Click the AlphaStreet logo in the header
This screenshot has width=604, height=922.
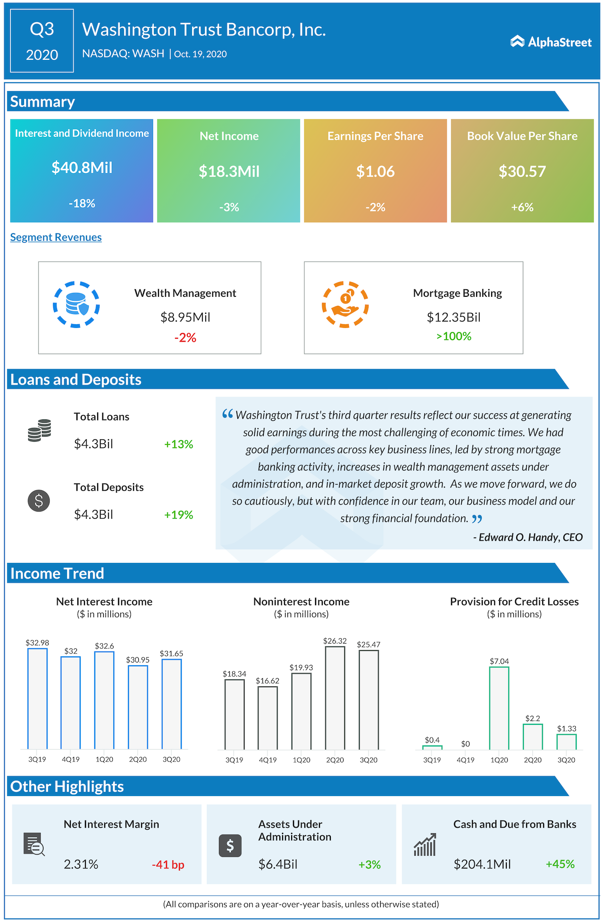coord(551,42)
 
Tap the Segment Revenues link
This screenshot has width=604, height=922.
coord(56,237)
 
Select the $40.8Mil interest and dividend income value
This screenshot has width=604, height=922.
coord(82,168)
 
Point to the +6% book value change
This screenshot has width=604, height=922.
coord(522,207)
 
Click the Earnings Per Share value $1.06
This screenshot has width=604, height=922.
coord(375,171)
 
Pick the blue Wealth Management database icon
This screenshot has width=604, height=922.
coord(76,304)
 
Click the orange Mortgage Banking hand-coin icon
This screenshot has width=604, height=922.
coord(345,304)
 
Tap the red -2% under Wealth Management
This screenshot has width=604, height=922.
coord(185,337)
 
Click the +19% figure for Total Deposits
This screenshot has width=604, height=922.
coord(178,515)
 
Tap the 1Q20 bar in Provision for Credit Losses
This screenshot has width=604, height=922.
coord(499,708)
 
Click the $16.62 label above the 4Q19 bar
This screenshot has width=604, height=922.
coord(268,681)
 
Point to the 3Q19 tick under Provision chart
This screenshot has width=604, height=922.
coord(432,760)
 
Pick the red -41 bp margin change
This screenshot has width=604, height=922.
coord(168,864)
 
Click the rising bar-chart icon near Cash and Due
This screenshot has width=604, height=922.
coord(425,845)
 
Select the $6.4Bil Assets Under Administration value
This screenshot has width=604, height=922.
coord(278,864)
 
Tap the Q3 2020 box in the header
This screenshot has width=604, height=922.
coord(42,41)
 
